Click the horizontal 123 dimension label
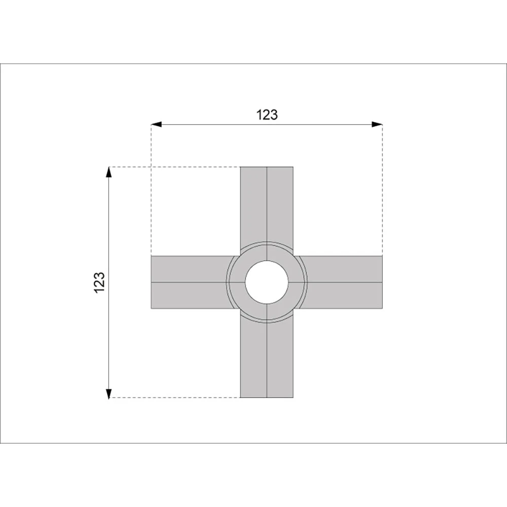[x=267, y=115]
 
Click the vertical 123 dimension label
[x=100, y=282]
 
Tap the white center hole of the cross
[x=267, y=282]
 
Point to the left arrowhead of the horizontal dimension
[x=157, y=124]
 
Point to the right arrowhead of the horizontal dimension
[x=377, y=124]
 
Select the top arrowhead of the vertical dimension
[x=109, y=172]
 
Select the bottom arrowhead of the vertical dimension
[x=109, y=392]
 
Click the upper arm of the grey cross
[x=267, y=207]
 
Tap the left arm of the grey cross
[x=192, y=282]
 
